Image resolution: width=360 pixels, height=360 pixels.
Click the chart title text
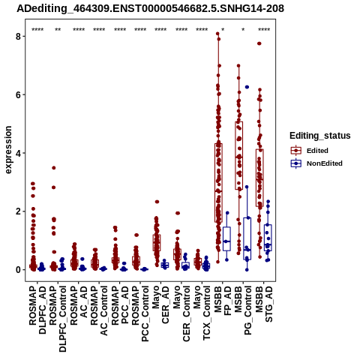150,9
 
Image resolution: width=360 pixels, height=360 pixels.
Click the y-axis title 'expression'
8,150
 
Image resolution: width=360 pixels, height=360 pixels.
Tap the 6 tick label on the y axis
18,94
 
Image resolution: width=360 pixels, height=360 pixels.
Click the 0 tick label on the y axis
18,270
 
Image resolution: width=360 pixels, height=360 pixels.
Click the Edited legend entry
317,151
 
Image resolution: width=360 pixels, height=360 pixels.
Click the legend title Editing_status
319,136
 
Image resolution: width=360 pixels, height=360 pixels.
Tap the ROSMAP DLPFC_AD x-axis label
37,310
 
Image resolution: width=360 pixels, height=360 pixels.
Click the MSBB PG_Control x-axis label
243,310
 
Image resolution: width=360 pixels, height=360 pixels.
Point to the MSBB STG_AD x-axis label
264,304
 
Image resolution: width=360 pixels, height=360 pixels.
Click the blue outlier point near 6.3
247,87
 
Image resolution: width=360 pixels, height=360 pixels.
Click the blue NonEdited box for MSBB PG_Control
247,238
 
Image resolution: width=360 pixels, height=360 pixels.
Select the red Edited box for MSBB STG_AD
259,178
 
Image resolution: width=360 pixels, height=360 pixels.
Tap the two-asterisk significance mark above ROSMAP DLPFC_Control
58,29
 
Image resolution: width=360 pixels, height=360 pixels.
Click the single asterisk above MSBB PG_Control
243,29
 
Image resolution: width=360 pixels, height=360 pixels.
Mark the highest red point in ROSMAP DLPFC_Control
54,168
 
